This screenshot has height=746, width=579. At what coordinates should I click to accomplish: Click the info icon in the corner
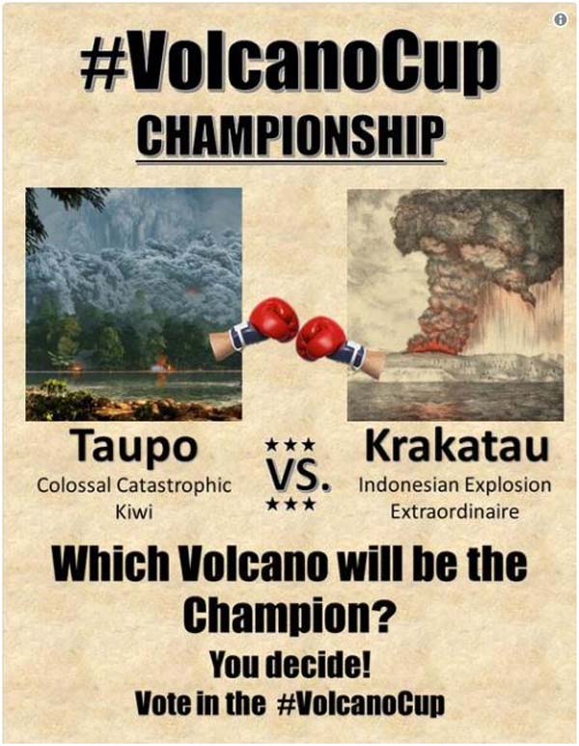click(561, 19)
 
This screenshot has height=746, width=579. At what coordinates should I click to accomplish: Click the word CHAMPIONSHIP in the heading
click(291, 135)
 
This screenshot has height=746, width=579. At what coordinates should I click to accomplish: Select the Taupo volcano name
click(135, 446)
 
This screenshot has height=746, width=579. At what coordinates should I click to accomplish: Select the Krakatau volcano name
click(456, 446)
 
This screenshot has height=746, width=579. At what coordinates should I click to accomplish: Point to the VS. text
click(298, 475)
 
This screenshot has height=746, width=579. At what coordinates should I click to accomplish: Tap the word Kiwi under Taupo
click(134, 512)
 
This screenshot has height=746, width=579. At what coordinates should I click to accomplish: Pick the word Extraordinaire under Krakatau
click(455, 511)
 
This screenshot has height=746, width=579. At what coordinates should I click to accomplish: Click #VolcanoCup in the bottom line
click(361, 704)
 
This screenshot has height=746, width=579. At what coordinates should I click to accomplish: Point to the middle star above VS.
click(290, 445)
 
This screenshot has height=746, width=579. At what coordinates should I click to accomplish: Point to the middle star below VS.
click(290, 504)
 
